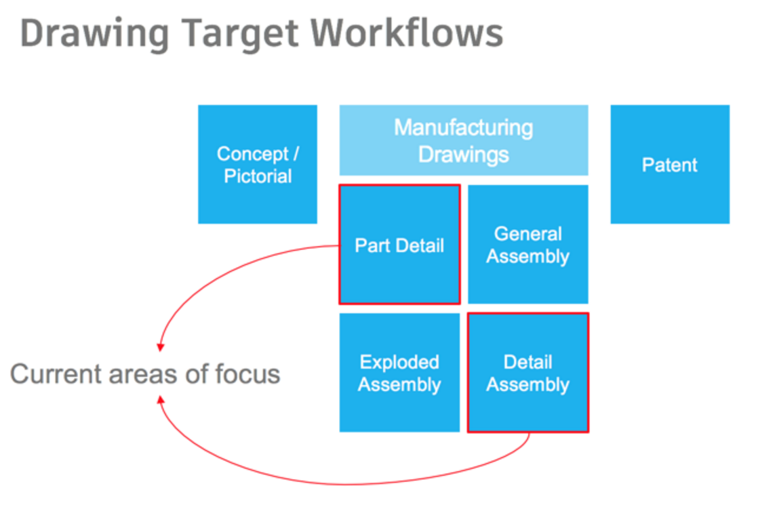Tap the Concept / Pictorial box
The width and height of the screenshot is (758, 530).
tap(258, 164)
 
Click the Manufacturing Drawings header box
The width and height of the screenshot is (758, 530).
tap(464, 140)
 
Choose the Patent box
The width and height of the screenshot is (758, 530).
tap(670, 164)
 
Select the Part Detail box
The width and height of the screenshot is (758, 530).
tap(399, 245)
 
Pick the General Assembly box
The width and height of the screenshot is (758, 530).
tap(527, 245)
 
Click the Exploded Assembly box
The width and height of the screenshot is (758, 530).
tap(399, 373)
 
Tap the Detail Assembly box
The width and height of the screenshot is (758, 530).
tap(527, 373)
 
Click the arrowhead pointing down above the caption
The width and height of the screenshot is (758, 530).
tap(161, 348)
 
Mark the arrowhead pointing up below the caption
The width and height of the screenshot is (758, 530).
tap(161, 401)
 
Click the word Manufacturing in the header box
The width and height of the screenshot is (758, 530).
tap(464, 127)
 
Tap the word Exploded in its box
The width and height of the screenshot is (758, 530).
tap(399, 362)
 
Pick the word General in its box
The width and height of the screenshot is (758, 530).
tap(527, 234)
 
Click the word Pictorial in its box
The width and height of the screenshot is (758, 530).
tap(258, 176)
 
